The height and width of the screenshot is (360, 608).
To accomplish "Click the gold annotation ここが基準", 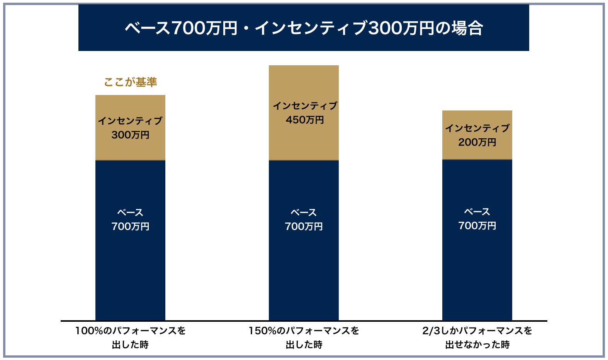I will [131, 82].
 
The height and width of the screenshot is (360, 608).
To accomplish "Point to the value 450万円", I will [305, 120].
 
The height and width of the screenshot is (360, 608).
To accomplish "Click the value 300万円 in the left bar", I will [131, 135].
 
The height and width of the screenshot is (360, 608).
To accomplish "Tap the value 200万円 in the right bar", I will [477, 143].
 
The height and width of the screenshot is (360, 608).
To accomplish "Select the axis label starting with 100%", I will [131, 331].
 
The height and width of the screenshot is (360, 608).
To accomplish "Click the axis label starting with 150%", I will [304, 331].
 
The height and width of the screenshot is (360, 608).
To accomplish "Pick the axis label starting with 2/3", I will [477, 331].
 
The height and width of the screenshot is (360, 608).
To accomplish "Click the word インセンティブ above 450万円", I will [305, 106].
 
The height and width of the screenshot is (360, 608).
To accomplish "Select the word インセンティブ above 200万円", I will [477, 128].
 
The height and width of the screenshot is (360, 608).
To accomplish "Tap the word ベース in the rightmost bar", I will [477, 212].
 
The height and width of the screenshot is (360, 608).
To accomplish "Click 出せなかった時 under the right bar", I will [477, 345].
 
